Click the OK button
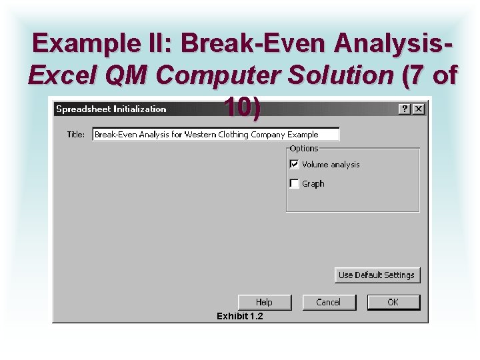point(393,302)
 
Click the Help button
point(264,302)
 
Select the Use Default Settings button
point(377,275)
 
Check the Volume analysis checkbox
point(294,164)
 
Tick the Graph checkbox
point(294,183)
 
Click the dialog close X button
point(418,109)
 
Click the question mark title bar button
point(405,109)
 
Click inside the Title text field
point(215,134)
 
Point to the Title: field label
point(76,134)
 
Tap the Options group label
point(304,148)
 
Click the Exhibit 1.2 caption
point(240,316)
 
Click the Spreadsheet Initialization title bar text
point(111,109)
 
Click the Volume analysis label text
point(331,164)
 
